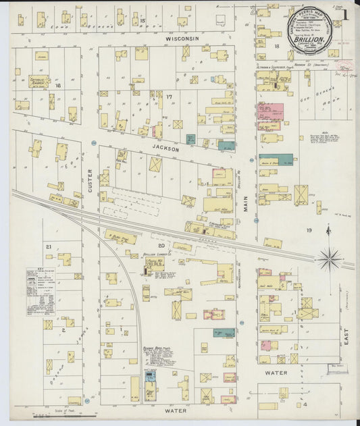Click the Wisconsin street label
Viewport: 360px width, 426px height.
point(182,39)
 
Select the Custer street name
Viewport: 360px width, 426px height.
point(90,179)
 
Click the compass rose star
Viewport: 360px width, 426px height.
point(330,257)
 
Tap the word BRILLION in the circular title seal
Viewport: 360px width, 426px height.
point(307,39)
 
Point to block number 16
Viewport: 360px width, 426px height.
point(58,86)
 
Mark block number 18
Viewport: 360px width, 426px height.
point(277,45)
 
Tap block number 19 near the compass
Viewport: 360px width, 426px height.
point(309,231)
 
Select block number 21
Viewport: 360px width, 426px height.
point(49,247)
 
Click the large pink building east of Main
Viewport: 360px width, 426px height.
point(269,112)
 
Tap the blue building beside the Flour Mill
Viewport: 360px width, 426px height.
point(150,375)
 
